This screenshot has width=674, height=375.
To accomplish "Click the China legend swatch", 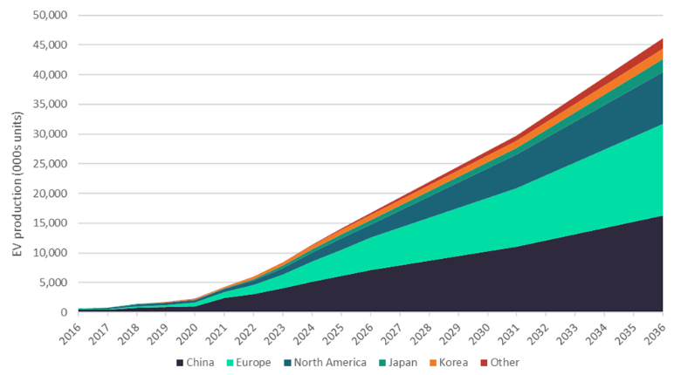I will tap(181, 362).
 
